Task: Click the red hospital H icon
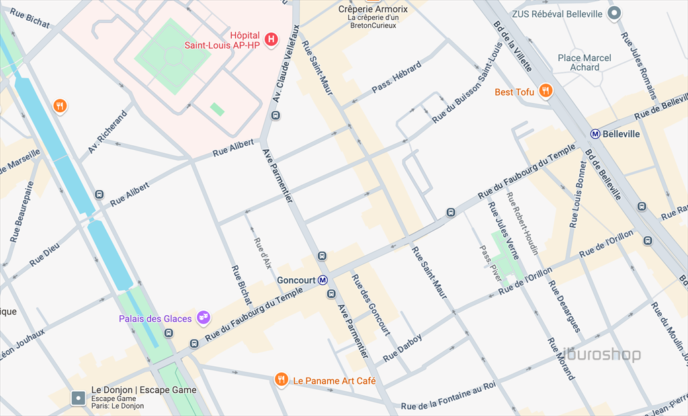pyautogui.click(x=271, y=40)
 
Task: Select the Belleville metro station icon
pyautogui.click(x=595, y=134)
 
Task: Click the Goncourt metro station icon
pyautogui.click(x=323, y=280)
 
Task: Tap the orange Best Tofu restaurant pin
pyautogui.click(x=546, y=91)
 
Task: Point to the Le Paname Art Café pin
pyautogui.click(x=282, y=380)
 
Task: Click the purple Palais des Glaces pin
pyautogui.click(x=203, y=317)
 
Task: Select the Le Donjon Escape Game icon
pyautogui.click(x=79, y=398)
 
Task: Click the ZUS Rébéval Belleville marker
pyautogui.click(x=613, y=13)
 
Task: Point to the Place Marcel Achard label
pyautogui.click(x=585, y=63)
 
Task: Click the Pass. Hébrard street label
pyautogui.click(x=396, y=77)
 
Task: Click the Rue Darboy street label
pyautogui.click(x=402, y=347)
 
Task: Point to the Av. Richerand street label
pyautogui.click(x=107, y=132)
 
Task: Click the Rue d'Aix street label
pyautogui.click(x=261, y=253)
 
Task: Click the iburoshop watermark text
pyautogui.click(x=601, y=355)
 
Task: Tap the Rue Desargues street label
pyautogui.click(x=564, y=306)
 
